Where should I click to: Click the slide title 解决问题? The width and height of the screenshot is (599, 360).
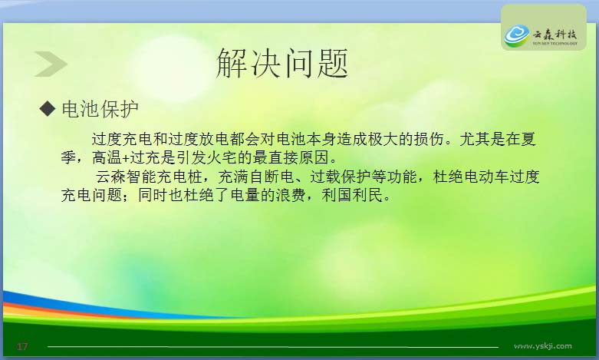click(x=282, y=64)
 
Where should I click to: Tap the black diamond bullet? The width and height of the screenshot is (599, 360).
click(x=48, y=108)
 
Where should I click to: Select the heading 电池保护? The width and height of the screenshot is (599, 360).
click(x=100, y=109)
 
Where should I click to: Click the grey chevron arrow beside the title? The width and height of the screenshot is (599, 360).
click(x=51, y=64)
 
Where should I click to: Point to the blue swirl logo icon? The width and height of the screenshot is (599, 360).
click(x=516, y=35)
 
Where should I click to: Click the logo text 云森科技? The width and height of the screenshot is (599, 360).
click(x=555, y=35)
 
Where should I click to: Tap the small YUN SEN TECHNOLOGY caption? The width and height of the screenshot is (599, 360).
click(x=555, y=44)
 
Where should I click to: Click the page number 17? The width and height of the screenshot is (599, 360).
click(x=22, y=346)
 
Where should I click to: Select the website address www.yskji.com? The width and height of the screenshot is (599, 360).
click(x=543, y=346)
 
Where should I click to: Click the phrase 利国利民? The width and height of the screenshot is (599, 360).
click(x=352, y=195)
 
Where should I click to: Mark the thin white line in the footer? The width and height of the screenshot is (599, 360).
click(x=273, y=347)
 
